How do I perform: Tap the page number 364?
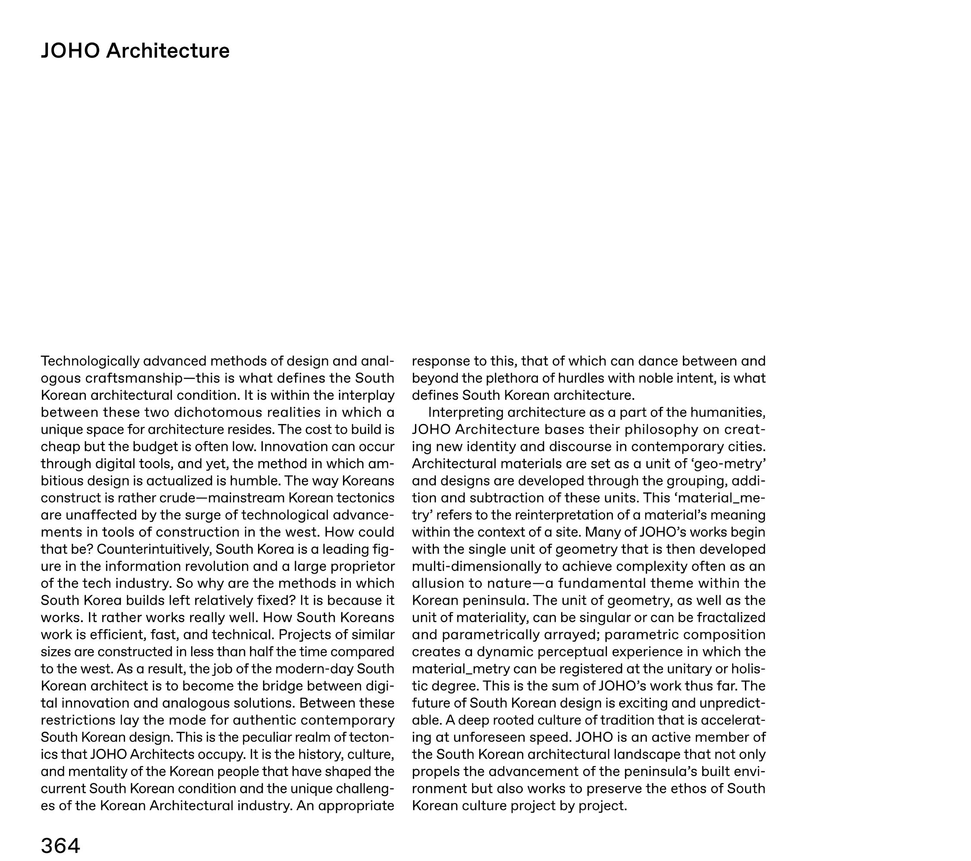60,845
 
